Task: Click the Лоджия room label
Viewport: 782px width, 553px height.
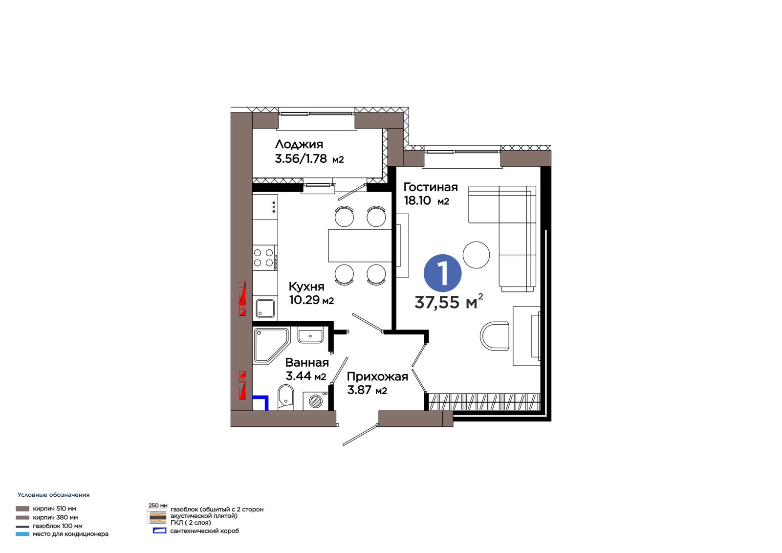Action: coord(299,144)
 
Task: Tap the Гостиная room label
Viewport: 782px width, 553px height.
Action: coord(431,187)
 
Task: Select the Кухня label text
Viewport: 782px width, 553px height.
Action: coord(306,287)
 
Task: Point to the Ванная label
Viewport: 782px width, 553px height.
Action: coord(307,363)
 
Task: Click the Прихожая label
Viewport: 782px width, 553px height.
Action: coord(377,376)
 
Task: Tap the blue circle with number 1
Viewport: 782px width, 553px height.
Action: coord(442,273)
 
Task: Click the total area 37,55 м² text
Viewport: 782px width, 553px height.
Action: coord(449,302)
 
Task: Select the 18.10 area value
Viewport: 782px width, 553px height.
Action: coord(417,200)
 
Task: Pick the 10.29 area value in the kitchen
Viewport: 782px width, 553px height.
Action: coord(304,300)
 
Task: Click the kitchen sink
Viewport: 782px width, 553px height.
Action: coord(265,309)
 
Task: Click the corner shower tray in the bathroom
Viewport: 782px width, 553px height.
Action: coord(271,346)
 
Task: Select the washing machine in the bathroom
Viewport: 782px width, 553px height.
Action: coord(316,400)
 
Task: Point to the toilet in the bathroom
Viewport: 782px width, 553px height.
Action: coord(285,397)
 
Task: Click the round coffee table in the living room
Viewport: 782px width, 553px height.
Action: coord(476,255)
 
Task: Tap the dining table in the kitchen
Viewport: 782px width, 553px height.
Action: coord(360,245)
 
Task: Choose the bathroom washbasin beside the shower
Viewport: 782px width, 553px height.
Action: coord(310,335)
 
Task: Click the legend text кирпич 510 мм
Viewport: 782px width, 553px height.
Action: coord(54,509)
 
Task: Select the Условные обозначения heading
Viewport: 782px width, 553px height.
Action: coord(53,495)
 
